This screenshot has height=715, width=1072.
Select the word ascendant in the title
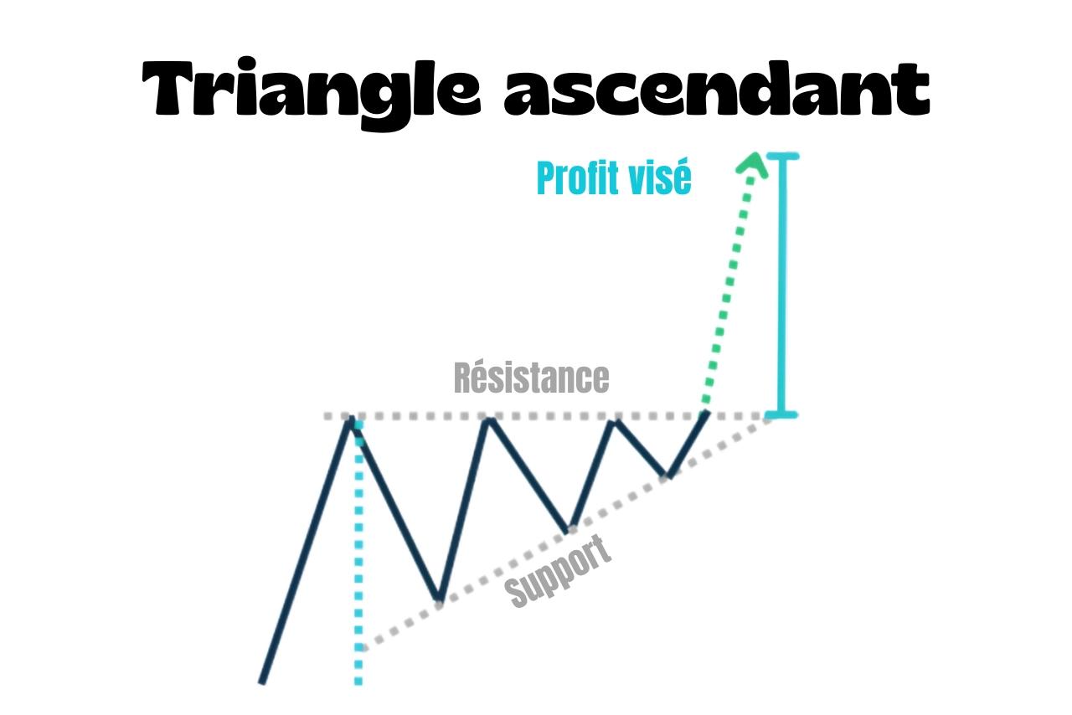tap(716, 87)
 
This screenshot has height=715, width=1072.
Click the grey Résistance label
tap(531, 378)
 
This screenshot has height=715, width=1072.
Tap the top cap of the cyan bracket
tap(786, 157)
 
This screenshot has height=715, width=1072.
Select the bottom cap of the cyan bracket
tap(786, 414)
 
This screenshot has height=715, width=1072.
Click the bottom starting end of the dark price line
tap(262, 682)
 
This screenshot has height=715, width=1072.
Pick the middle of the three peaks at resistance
tap(488, 418)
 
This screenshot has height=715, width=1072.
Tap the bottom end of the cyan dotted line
tap(358, 682)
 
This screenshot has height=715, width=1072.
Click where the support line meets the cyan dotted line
tap(359, 648)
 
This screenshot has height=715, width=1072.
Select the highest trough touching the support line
tap(667, 476)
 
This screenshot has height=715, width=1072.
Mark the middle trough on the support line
tap(569, 529)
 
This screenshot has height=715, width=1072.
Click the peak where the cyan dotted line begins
tap(353, 418)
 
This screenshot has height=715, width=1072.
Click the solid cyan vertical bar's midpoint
tap(786, 285)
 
